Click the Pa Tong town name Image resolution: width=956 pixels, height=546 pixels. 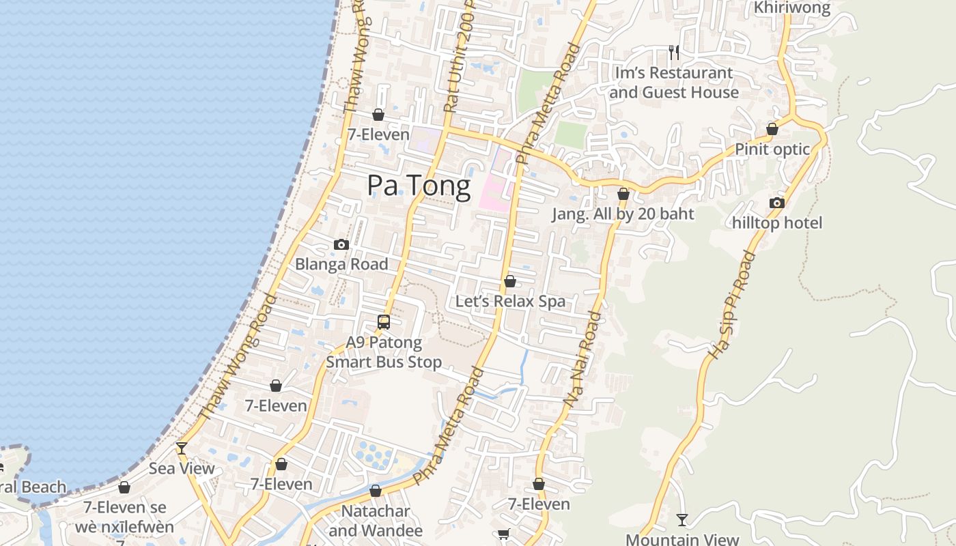tap(419, 186)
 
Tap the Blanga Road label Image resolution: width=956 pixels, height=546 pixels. tap(341, 264)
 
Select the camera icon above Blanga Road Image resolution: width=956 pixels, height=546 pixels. tap(341, 245)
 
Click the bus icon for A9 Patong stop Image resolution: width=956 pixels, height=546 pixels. tap(384, 322)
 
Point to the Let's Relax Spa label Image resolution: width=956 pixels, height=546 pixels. tap(510, 301)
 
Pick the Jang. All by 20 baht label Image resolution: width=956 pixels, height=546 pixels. tap(623, 214)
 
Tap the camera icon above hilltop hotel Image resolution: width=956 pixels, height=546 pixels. tap(776, 203)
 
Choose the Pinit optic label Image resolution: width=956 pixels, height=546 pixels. tap(772, 149)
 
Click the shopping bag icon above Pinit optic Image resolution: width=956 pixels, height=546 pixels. tap(772, 129)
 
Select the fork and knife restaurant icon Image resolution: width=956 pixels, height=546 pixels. tap(674, 53)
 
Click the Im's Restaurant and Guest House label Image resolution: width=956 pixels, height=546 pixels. tap(674, 83)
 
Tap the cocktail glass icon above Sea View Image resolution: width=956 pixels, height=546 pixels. tap(182, 448)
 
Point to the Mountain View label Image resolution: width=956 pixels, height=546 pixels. tap(682, 539)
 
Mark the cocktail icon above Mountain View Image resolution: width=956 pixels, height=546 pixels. tap(682, 520)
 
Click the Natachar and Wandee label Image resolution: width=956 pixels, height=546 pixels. tap(376, 520)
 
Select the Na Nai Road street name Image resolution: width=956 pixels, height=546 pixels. tap(584, 360)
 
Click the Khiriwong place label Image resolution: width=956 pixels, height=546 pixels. tap(792, 8)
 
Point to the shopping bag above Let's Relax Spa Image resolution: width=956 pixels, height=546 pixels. tap(510, 281)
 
